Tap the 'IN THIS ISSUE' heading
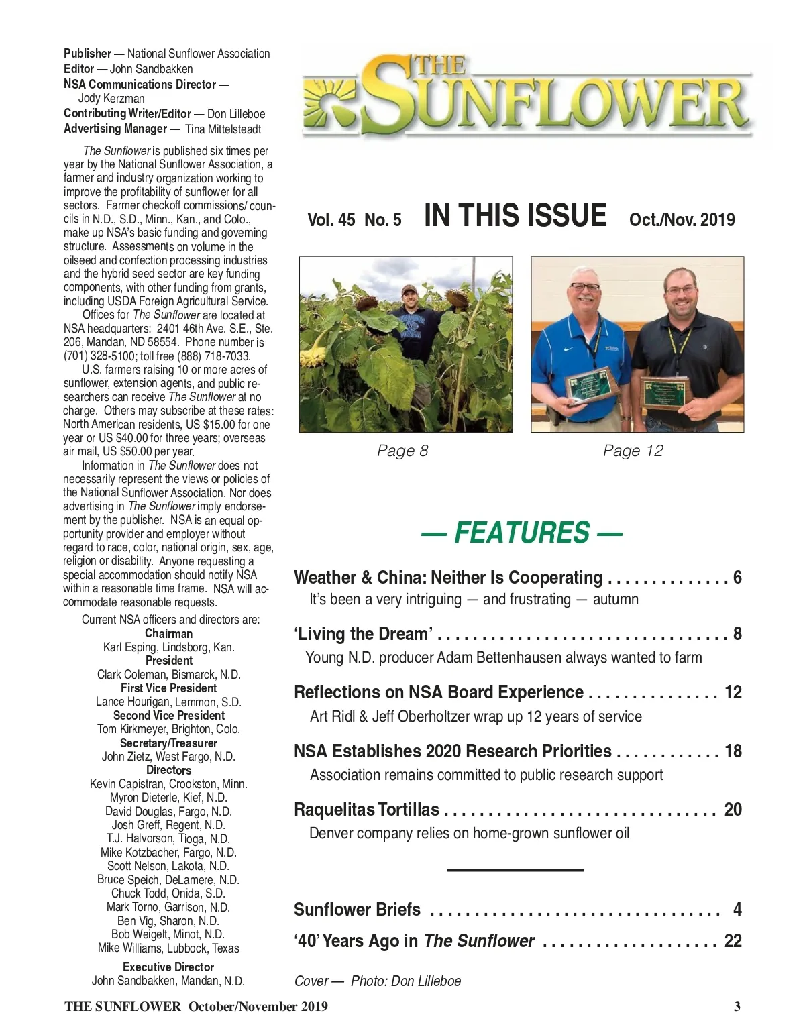515,216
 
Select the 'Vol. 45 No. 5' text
354,220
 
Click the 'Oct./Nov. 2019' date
682,220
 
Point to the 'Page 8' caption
402,451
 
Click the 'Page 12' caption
633,451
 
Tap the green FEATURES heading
521,533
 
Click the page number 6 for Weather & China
737,577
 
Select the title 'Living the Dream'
363,634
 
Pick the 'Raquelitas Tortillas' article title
366,810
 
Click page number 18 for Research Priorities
733,751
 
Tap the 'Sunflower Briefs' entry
357,910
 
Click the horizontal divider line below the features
515,870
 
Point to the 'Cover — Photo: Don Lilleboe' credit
378,981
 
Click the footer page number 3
737,1006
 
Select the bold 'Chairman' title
168,633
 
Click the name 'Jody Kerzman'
111,99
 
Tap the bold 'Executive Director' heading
168,967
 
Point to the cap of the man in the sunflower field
409,289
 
